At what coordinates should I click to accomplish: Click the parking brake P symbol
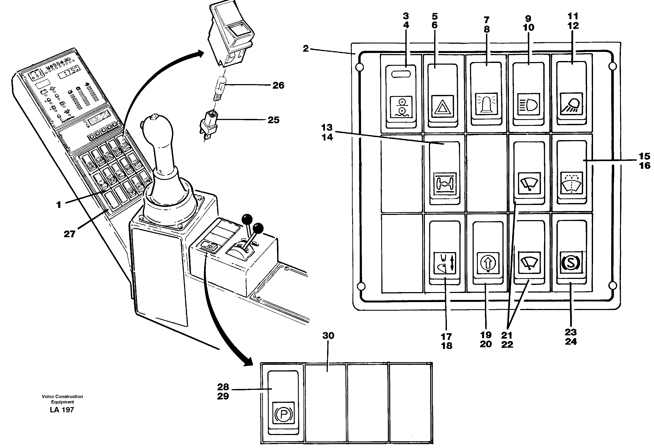[x=283, y=413]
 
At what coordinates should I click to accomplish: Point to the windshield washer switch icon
[x=571, y=184]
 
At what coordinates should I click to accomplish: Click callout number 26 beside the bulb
[x=278, y=85]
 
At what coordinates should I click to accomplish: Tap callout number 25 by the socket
[x=273, y=120]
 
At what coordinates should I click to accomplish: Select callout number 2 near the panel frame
[x=306, y=49]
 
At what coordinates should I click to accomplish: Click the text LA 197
[x=62, y=410]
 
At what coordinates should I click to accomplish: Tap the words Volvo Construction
[x=62, y=397]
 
